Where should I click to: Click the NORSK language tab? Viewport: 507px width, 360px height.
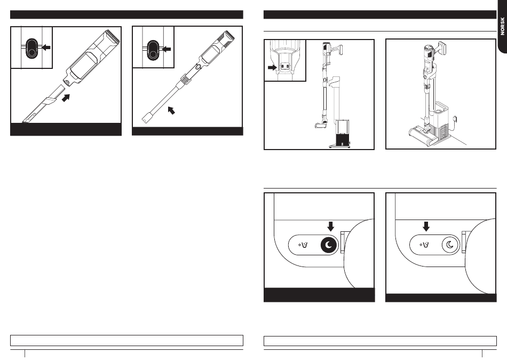(x=502, y=26)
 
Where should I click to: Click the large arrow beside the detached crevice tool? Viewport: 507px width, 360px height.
(x=66, y=97)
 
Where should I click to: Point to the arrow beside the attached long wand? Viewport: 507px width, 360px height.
(x=171, y=111)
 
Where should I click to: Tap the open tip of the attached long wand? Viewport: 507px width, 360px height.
(x=146, y=118)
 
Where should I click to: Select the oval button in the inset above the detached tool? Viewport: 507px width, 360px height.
(x=31, y=48)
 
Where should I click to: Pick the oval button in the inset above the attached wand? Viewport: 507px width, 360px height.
(x=153, y=50)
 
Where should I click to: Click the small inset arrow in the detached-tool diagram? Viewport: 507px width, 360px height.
(x=46, y=48)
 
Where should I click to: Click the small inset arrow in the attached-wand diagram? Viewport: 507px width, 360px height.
(x=166, y=49)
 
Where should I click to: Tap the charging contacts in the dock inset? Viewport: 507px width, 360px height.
(x=284, y=66)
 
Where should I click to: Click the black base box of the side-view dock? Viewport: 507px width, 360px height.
(x=343, y=140)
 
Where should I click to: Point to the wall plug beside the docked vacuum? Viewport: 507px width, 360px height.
(x=456, y=119)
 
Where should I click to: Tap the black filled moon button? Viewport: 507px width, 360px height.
(x=329, y=245)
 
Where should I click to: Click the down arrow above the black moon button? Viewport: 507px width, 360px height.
(x=330, y=226)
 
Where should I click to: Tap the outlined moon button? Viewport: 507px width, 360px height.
(x=450, y=245)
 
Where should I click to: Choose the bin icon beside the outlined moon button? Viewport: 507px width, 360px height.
(x=425, y=245)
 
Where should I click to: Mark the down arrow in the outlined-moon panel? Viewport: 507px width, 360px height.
(x=426, y=226)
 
